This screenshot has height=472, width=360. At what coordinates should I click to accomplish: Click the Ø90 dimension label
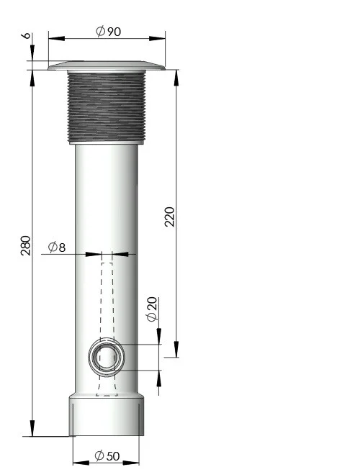click(x=108, y=32)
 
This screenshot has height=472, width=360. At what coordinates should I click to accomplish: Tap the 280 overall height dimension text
click(x=26, y=245)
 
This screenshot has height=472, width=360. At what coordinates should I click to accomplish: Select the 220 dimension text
click(x=170, y=217)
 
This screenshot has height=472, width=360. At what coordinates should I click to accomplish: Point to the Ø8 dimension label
click(x=57, y=248)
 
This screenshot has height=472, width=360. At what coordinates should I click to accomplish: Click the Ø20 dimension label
click(x=152, y=309)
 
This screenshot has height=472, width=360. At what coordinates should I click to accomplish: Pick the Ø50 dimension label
click(x=107, y=455)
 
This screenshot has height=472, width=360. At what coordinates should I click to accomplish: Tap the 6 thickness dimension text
click(x=27, y=35)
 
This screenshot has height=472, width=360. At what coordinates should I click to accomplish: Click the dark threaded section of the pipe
click(x=107, y=107)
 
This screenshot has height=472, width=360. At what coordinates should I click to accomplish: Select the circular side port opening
click(x=107, y=357)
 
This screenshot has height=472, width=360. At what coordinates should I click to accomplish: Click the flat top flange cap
click(x=107, y=65)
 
